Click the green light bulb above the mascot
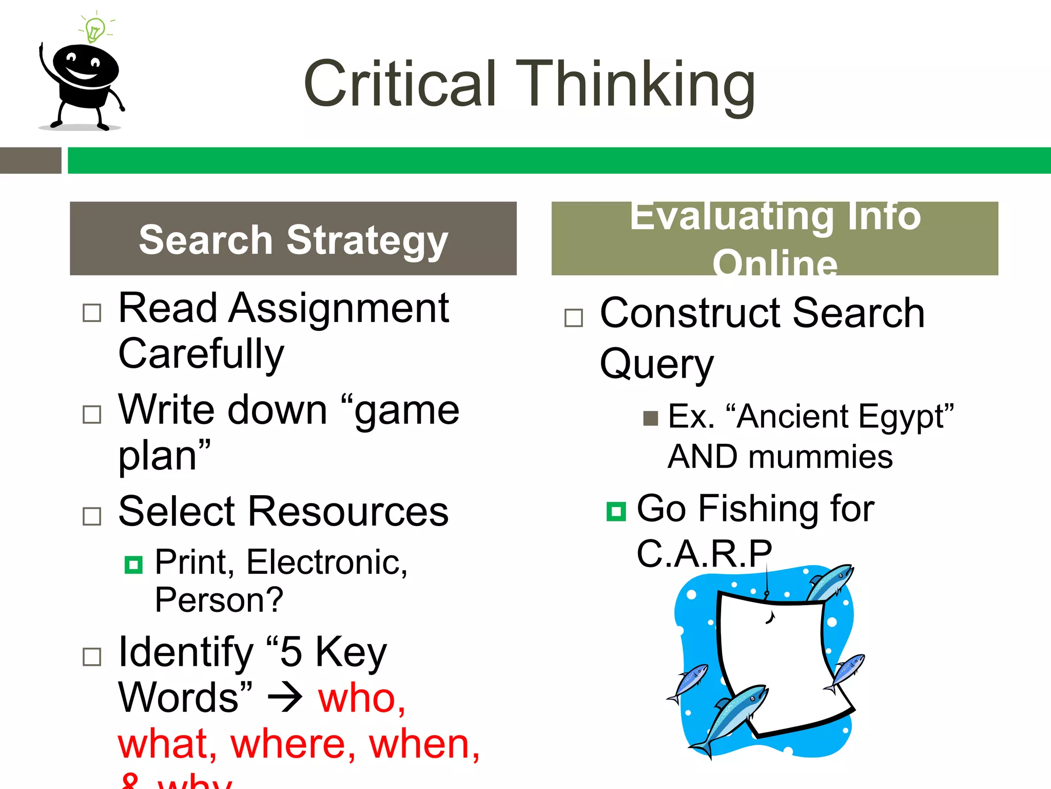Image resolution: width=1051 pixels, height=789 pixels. coord(95,30)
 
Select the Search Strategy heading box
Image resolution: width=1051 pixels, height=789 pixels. coord(293,238)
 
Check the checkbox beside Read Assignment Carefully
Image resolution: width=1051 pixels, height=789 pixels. coord(92,312)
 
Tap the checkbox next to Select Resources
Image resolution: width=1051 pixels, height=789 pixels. coord(92,516)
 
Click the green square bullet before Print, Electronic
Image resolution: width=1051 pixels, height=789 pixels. coord(133,565)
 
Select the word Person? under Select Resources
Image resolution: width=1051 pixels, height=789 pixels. coord(219,600)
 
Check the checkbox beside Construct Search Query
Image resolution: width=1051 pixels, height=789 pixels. coord(573,317)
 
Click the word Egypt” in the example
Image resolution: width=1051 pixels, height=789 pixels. coord(906,416)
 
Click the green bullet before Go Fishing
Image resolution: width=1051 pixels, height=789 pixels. coord(616,512)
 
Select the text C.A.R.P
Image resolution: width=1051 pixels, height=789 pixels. coord(704,554)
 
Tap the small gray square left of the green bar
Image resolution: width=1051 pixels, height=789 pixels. coord(30,160)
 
